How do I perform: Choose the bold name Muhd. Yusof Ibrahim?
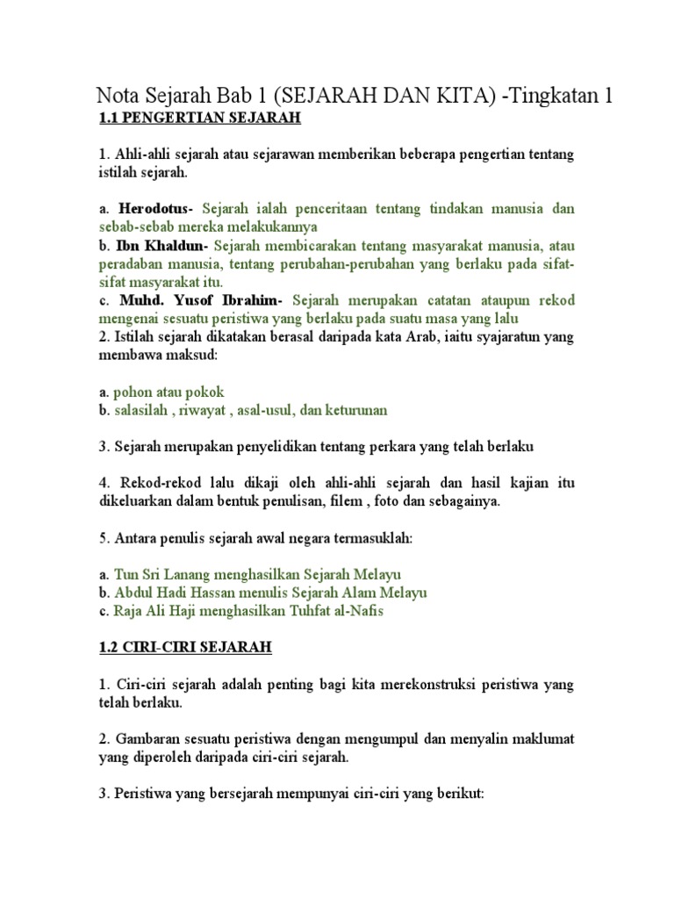click(197, 300)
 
